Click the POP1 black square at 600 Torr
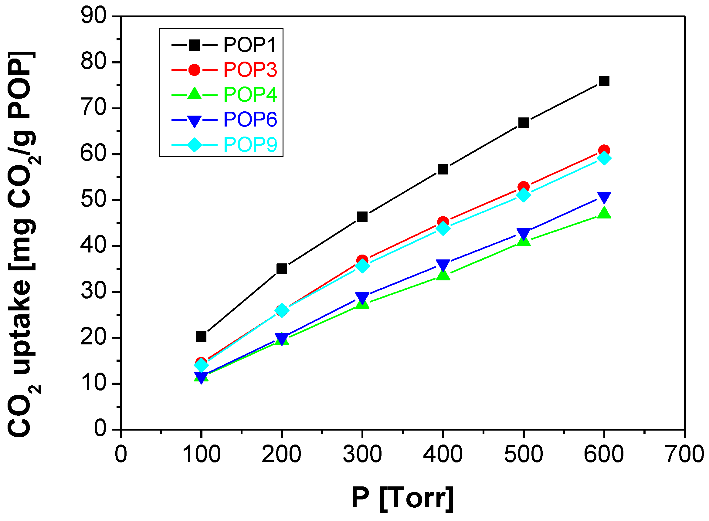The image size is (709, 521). [604, 81]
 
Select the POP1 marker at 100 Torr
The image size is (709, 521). [201, 336]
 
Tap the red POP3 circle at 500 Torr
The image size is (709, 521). [523, 187]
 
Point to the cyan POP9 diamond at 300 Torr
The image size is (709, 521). [362, 266]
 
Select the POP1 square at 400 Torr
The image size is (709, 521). [443, 169]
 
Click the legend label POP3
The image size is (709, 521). [250, 70]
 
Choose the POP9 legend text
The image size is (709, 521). [250, 145]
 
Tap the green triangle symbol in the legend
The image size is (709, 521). [194, 94]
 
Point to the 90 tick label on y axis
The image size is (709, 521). [94, 16]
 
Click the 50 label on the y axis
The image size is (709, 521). [94, 200]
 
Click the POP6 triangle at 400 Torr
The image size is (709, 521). [443, 265]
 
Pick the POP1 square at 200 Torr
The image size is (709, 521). [282, 269]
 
